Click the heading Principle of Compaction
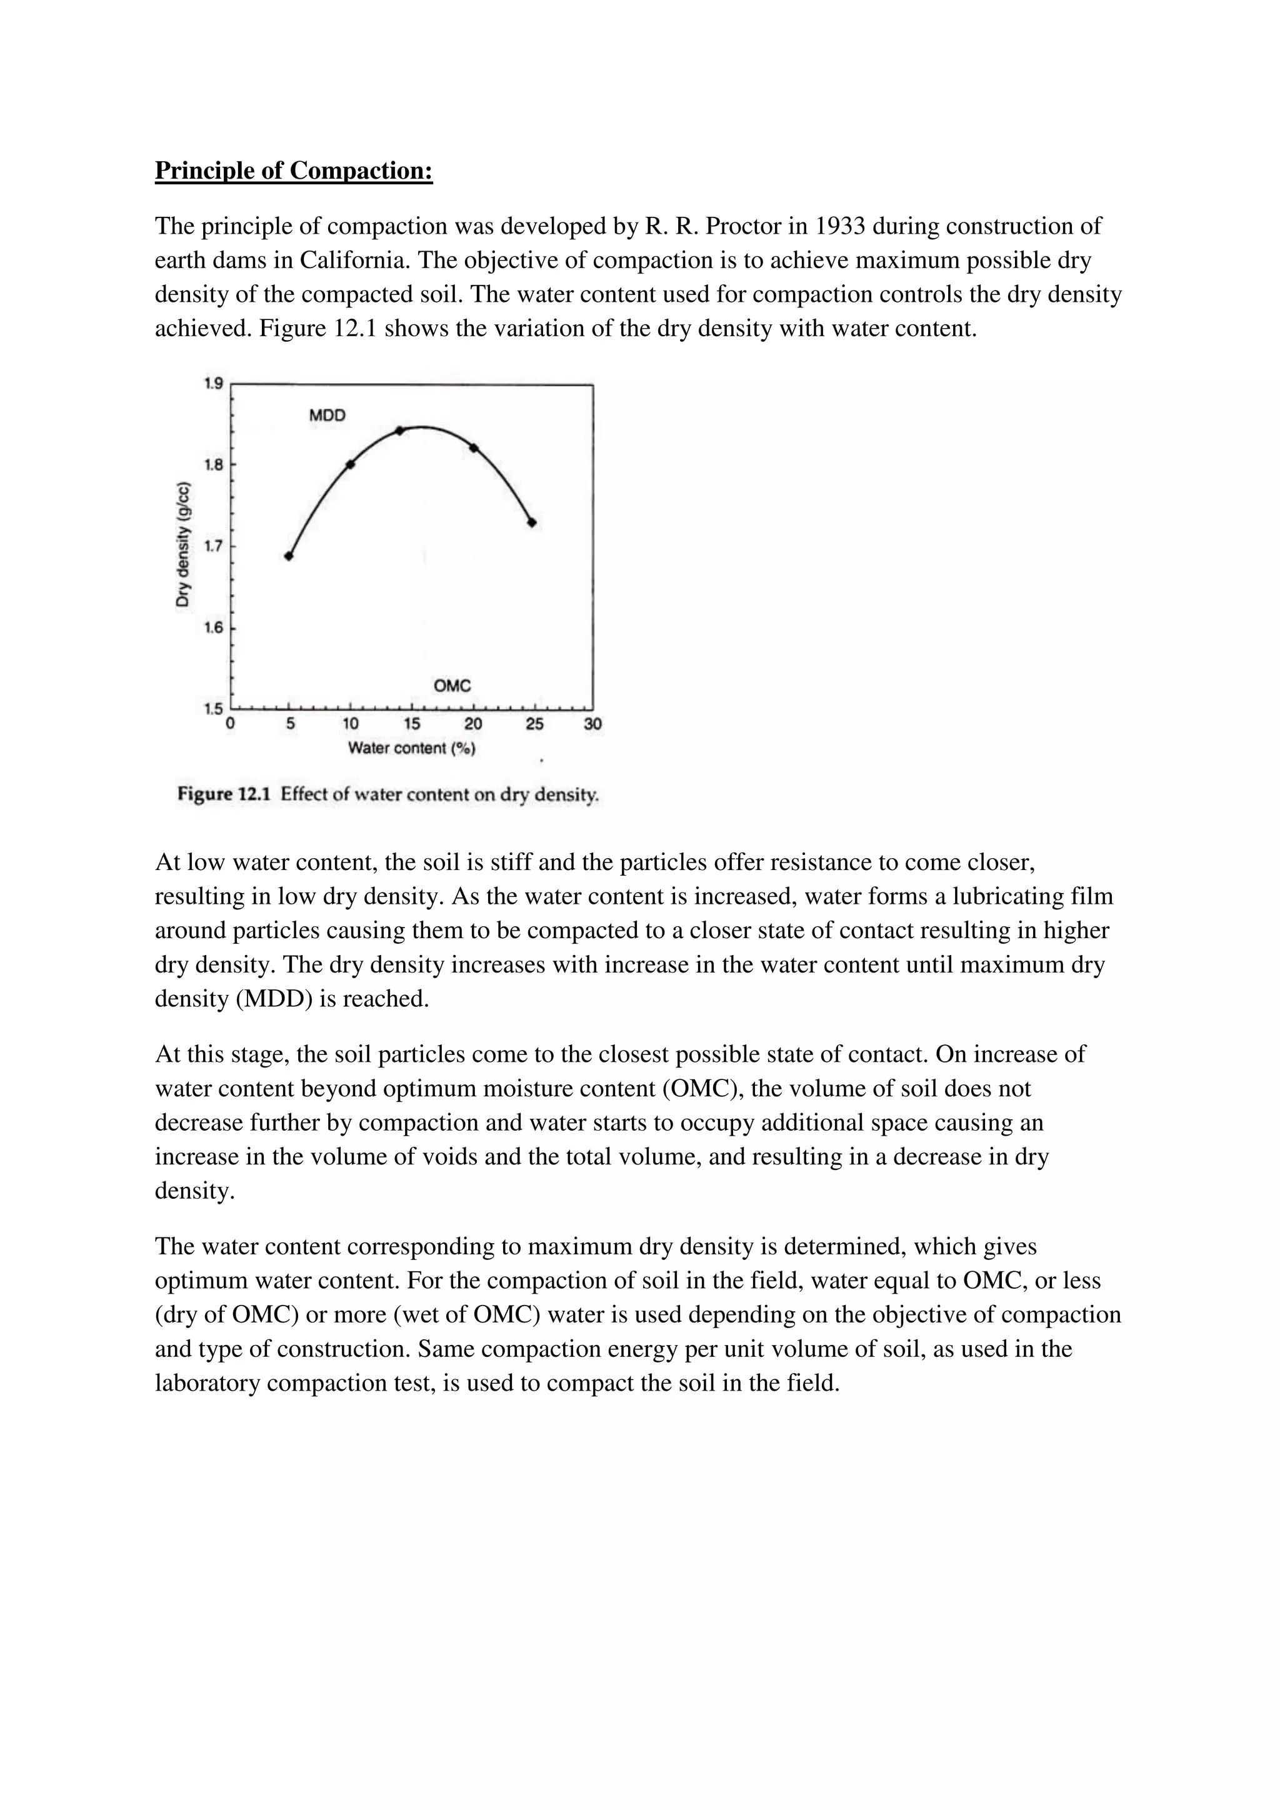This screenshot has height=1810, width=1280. pos(293,170)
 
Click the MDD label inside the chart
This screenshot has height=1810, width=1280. pos(327,416)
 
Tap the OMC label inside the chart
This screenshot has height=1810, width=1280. pos(452,686)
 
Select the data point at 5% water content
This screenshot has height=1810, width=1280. pos(289,556)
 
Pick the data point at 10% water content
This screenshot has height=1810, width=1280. pos(351,464)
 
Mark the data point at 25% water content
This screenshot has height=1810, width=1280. pos(532,522)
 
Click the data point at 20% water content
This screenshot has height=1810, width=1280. pos(474,447)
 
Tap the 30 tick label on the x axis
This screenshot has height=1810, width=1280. pos(592,724)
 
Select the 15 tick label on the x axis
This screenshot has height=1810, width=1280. pos(411,724)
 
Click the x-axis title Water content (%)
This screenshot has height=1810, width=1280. pos(411,747)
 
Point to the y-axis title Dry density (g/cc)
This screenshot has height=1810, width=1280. pos(183,544)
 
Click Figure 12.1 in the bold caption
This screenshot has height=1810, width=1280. pos(224,794)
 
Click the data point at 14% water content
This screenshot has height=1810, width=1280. pos(399,431)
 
